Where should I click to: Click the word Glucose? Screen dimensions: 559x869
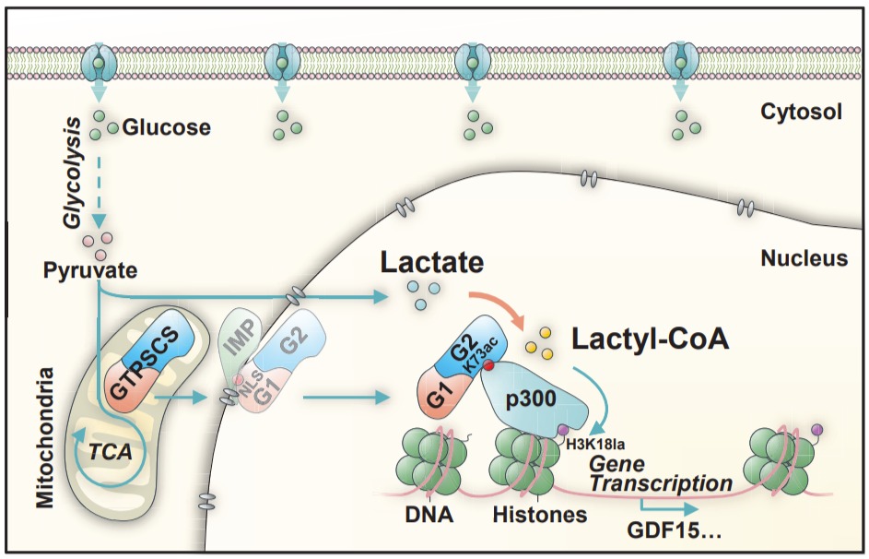point(166,128)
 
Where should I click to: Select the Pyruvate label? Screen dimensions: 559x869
point(90,271)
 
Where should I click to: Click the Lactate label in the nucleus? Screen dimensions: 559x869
point(432,264)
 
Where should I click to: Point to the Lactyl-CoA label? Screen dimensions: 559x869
point(651,339)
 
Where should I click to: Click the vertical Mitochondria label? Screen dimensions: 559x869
point(42,437)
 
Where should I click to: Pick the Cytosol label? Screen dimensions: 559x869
point(801,112)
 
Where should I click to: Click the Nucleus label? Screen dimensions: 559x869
point(804,258)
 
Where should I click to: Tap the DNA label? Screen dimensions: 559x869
point(429,514)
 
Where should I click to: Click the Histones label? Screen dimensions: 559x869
point(540,514)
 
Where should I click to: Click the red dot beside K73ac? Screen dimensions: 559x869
point(489,367)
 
